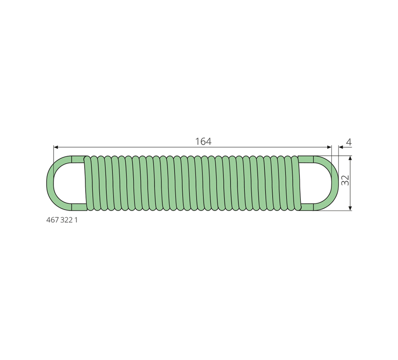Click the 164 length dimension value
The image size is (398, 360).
click(203, 141)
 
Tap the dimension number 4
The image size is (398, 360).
click(349, 142)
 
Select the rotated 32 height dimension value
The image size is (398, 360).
click(345, 180)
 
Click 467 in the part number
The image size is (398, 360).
click(52, 220)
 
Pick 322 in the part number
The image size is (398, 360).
click(67, 220)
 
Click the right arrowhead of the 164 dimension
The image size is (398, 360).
click(329, 147)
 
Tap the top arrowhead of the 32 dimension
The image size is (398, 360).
click(350, 158)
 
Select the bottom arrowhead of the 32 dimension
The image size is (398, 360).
click(350, 208)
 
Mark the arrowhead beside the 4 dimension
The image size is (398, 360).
click(341, 147)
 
